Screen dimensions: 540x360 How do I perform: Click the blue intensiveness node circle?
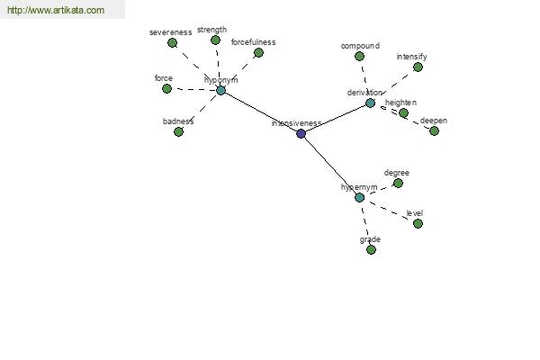tap(301, 134)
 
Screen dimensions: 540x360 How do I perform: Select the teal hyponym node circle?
tap(220, 91)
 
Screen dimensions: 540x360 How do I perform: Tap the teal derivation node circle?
tap(370, 103)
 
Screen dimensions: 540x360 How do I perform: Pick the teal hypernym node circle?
tap(359, 198)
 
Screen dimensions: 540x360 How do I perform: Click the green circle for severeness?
tap(172, 43)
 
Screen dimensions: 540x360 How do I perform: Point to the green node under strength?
tap(216, 40)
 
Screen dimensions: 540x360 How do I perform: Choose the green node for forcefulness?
tap(258, 53)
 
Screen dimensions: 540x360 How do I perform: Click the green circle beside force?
tap(166, 89)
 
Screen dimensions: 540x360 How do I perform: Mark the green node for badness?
tap(178, 131)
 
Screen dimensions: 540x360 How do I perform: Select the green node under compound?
tap(359, 56)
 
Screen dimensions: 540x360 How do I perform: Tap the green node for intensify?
tap(418, 67)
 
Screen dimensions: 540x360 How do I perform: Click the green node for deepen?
tap(435, 130)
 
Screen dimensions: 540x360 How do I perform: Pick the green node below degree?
tap(398, 184)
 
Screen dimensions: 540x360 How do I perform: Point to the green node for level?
tap(418, 224)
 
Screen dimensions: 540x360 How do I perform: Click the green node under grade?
tap(371, 250)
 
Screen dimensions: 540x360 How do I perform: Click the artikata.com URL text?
tap(56, 10)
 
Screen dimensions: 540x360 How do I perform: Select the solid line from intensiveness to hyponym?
tap(261, 112)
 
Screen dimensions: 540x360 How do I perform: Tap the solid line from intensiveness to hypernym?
tap(330, 166)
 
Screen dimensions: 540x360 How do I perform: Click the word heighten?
tap(400, 103)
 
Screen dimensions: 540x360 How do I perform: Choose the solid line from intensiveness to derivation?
tap(336, 118)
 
